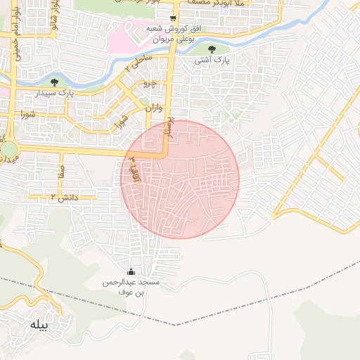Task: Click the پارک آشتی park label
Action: point(212,61)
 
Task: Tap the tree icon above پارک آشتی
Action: point(212,49)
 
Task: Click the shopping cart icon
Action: point(173,18)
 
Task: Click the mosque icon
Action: point(131,272)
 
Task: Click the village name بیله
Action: point(36,326)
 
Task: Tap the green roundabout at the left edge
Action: point(8,149)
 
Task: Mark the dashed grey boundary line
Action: point(211,316)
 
